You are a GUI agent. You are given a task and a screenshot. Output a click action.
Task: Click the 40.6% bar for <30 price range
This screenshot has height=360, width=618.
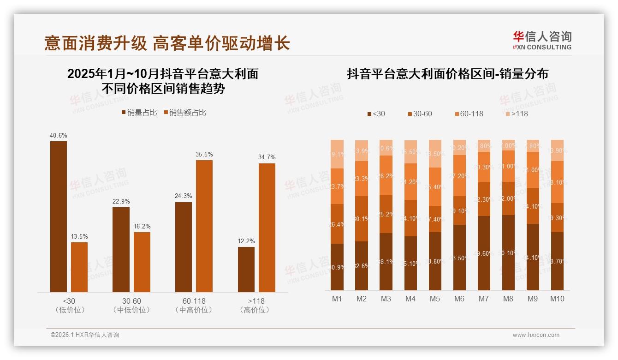point(59,216)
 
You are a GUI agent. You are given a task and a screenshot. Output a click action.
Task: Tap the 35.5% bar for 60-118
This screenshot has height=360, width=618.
point(204,226)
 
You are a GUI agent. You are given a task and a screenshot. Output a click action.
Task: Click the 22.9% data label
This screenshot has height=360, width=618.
point(121,202)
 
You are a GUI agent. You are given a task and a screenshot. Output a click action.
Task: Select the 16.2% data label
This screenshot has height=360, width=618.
point(143,227)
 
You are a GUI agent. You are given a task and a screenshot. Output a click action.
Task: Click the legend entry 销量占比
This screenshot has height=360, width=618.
point(139,113)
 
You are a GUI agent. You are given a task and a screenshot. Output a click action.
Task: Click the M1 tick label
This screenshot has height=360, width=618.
point(337,299)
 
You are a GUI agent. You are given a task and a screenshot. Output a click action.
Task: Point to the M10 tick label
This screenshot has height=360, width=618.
point(557,299)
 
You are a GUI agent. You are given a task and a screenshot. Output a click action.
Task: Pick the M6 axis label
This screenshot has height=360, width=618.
point(459,299)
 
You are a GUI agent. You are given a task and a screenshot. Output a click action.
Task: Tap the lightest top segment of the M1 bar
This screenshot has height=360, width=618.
point(337,154)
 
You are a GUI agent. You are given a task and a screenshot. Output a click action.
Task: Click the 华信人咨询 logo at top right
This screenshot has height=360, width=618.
point(542,41)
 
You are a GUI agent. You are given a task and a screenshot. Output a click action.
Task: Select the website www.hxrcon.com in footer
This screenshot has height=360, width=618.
point(536,335)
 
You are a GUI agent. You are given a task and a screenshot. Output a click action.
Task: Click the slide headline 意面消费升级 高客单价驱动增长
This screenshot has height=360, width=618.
point(167,43)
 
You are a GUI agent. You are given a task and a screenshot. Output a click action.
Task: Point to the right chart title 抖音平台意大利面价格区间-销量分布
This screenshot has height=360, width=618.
point(447,74)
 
